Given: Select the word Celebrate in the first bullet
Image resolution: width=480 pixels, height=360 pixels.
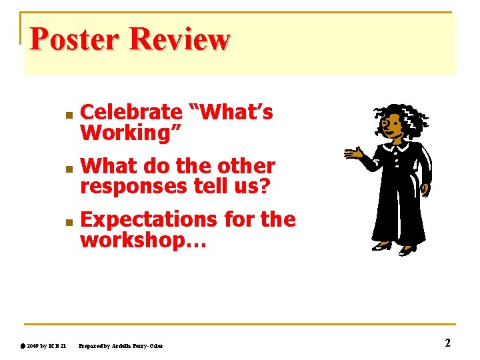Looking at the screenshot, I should (x=131, y=113).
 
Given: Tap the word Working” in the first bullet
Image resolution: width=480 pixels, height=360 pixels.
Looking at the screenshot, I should (x=131, y=133).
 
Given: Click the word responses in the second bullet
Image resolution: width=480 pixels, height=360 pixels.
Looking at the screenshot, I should (x=133, y=187).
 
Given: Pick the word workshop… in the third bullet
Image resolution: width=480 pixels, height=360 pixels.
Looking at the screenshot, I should (x=143, y=240).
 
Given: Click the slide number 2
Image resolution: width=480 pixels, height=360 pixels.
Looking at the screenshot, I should (x=447, y=343).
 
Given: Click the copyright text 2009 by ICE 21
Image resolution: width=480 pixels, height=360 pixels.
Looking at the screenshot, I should (x=47, y=345).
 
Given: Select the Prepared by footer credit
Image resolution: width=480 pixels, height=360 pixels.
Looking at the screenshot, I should (x=120, y=345).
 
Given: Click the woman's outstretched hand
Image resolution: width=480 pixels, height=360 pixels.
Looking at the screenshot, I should (x=353, y=154).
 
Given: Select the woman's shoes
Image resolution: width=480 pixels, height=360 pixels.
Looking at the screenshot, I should (x=394, y=248).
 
